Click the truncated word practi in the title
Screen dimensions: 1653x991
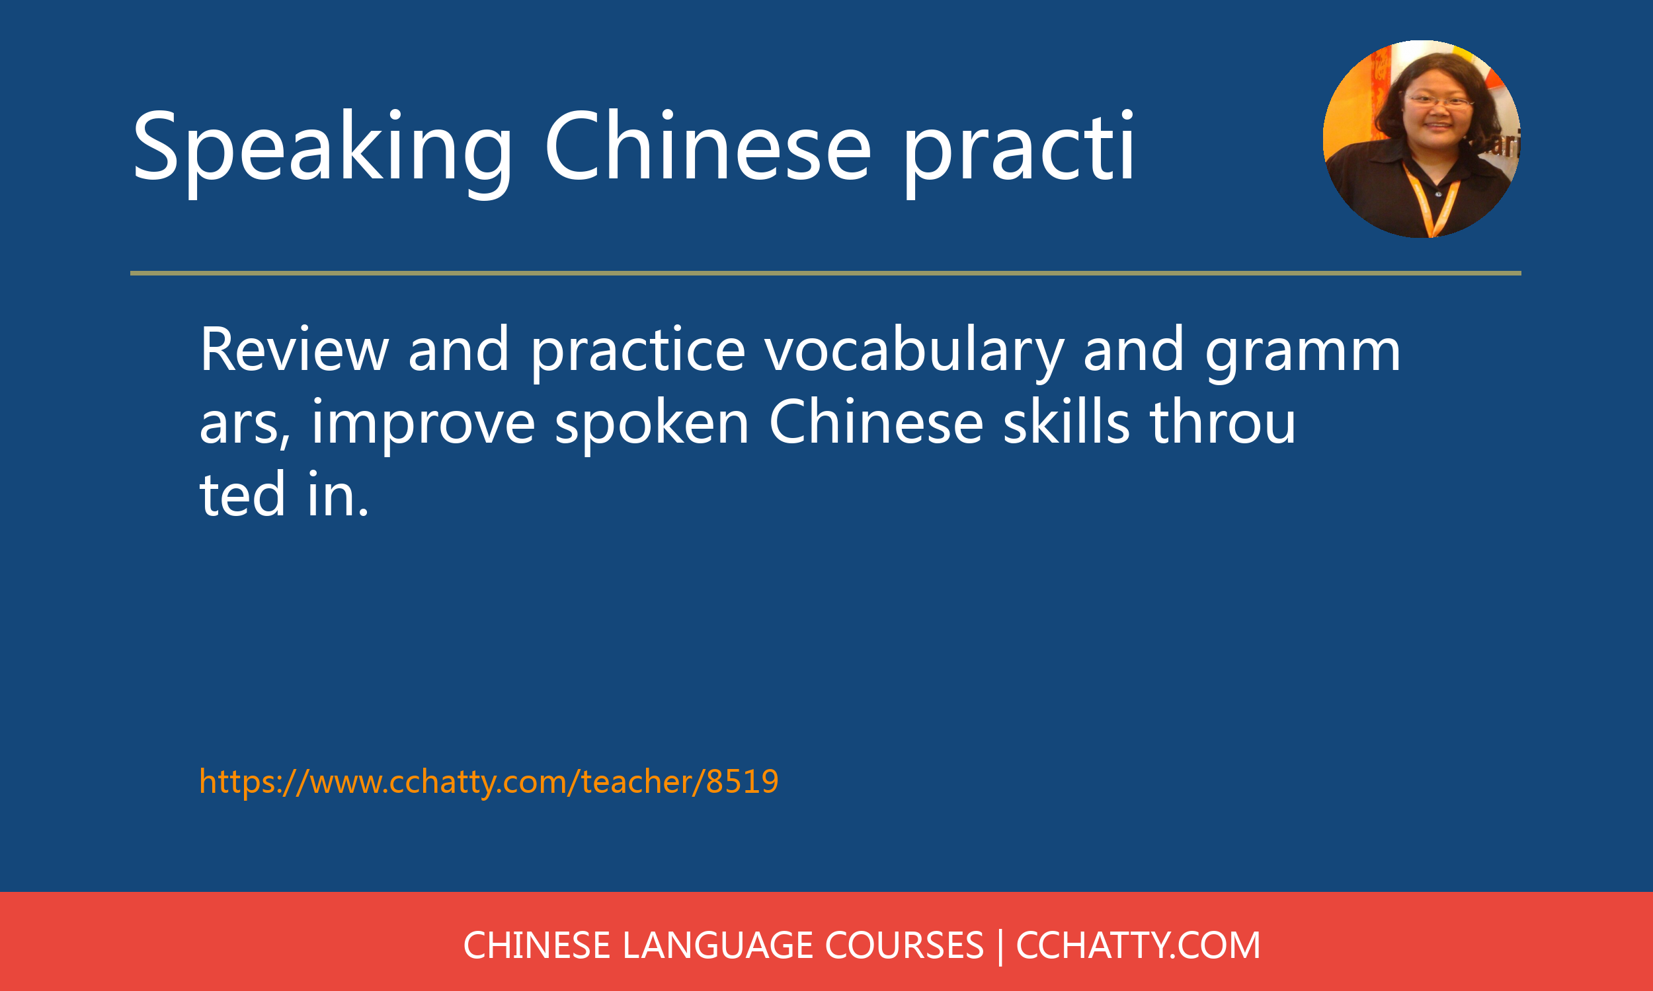[1019, 152]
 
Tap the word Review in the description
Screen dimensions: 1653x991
[295, 349]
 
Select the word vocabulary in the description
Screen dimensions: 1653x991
[914, 353]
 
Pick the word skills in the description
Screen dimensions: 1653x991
[1067, 421]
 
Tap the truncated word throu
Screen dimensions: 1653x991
[1223, 422]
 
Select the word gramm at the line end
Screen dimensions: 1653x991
[1303, 353]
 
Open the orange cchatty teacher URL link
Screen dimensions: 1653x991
[489, 782]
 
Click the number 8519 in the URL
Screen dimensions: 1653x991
[743, 782]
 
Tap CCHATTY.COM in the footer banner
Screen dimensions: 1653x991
[1138, 945]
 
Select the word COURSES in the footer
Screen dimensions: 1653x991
[904, 945]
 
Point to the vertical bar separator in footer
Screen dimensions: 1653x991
[1000, 946]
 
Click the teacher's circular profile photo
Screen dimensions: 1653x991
[1421, 139]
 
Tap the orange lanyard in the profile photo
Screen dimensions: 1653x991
[1431, 200]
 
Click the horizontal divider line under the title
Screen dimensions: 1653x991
[826, 273]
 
